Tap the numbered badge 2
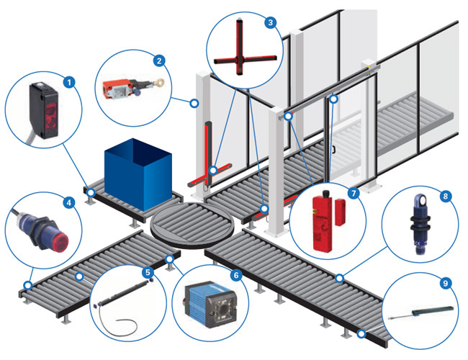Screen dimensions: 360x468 tap(160, 60)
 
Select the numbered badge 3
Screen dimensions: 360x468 tap(270, 22)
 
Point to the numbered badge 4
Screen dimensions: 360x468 tap(69, 204)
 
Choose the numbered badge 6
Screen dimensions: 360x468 tap(234, 276)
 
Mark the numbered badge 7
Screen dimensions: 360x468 tap(353, 194)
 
